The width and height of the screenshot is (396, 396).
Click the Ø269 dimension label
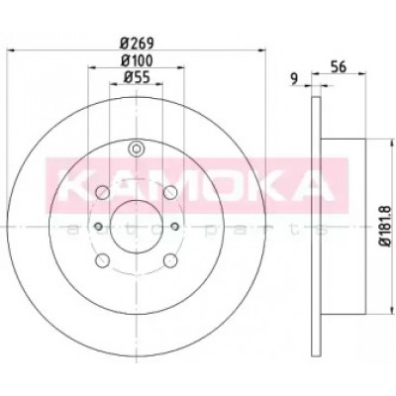(x=137, y=43)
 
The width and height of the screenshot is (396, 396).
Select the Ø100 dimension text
(x=137, y=60)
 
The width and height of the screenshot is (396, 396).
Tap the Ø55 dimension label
(x=137, y=77)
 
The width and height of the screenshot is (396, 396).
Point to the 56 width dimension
(x=339, y=67)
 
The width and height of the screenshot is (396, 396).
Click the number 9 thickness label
(x=294, y=79)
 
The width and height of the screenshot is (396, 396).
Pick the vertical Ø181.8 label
(x=385, y=226)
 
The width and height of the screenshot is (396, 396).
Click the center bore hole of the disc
(x=137, y=227)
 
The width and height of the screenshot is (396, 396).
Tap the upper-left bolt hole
(x=102, y=192)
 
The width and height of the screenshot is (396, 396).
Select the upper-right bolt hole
(x=170, y=192)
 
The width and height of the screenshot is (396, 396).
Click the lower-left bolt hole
(x=102, y=260)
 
